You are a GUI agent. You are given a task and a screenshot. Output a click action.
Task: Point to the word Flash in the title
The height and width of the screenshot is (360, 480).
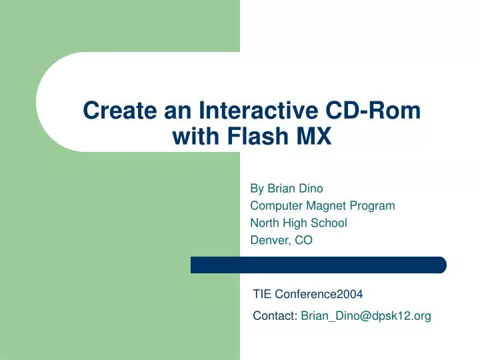point(252,137)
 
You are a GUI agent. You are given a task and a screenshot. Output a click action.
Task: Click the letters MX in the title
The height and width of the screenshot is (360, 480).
point(313,137)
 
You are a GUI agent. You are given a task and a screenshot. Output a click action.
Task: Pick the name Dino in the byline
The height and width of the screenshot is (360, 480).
point(310,188)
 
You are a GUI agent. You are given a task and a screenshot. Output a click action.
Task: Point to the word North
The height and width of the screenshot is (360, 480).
point(265,223)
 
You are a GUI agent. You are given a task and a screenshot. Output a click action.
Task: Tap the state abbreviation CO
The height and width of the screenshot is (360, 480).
point(303,240)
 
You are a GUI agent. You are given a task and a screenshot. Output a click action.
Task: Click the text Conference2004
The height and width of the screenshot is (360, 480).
point(319,293)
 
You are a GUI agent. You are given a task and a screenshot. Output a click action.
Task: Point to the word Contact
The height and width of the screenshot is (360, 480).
point(275,316)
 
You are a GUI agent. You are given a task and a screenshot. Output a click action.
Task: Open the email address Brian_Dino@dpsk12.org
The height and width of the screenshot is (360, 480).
point(366,316)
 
